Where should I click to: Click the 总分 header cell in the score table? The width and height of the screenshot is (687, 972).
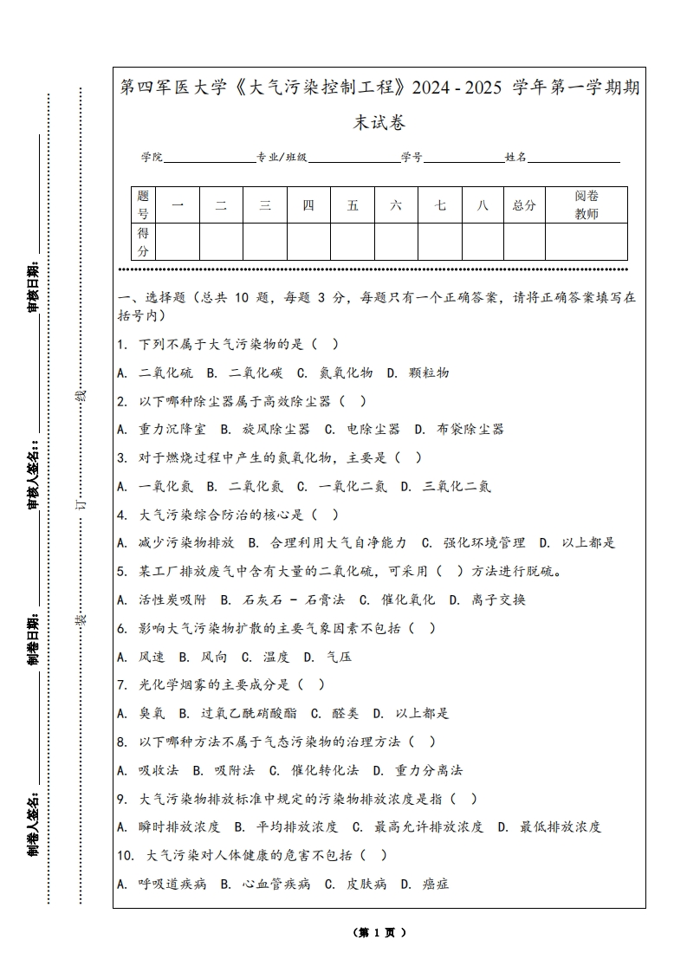524,205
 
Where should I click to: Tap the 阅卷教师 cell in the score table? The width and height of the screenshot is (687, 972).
587,205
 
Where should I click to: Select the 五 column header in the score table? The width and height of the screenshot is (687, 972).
353,205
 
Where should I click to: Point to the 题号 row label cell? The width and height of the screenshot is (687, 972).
143,205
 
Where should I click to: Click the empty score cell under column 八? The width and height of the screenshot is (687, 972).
483,242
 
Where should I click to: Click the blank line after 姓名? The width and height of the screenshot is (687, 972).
574,157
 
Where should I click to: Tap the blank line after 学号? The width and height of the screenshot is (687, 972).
463,157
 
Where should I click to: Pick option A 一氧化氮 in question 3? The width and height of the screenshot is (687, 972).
159,486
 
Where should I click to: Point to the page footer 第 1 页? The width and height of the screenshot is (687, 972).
379,932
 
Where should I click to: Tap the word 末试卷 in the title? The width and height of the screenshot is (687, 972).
379,123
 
